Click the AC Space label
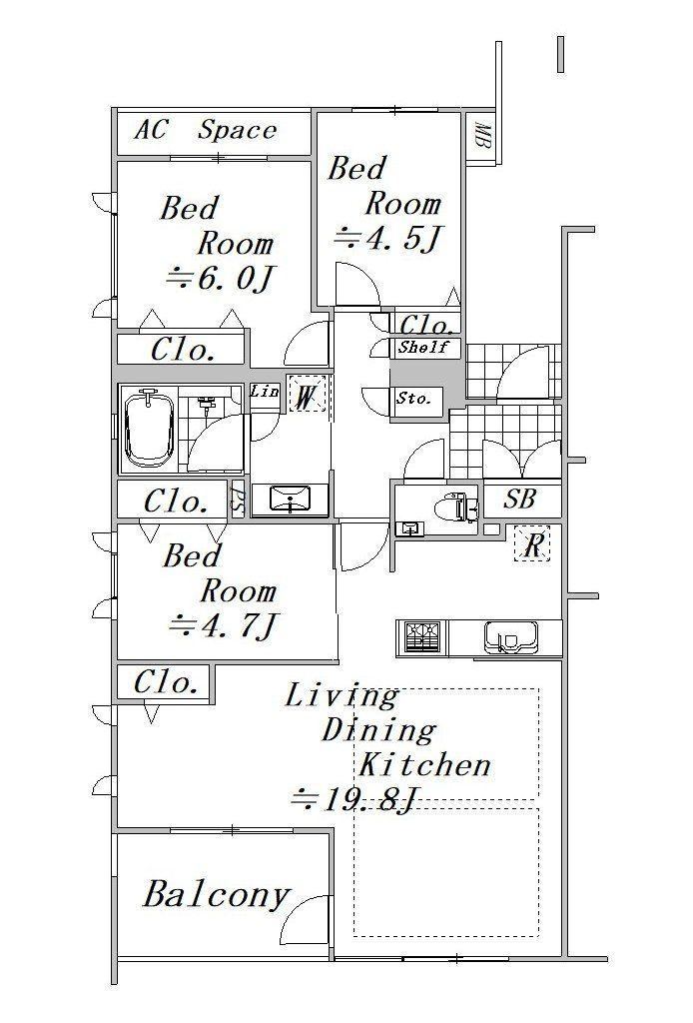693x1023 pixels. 205,131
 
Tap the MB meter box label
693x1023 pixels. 483,135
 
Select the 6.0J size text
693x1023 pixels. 219,280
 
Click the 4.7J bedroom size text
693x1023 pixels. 224,626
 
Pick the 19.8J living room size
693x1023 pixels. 353,798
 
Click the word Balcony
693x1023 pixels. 216,896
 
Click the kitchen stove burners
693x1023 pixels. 421,636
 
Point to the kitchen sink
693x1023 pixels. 511,637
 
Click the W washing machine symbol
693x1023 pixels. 306,395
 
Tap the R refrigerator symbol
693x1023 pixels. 532,543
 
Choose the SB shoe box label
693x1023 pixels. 519,500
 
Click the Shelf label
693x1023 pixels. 424,347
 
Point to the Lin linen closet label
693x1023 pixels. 265,392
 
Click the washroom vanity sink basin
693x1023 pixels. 290,500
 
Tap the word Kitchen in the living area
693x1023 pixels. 423,764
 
